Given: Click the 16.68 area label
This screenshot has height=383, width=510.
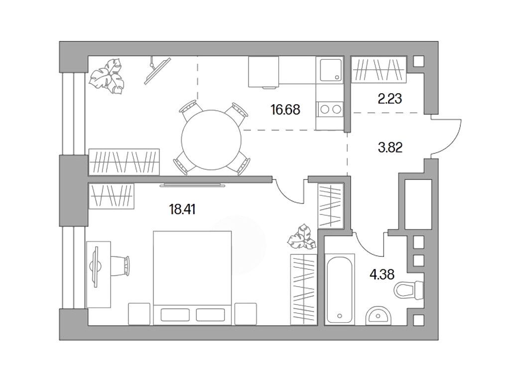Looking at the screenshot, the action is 285,110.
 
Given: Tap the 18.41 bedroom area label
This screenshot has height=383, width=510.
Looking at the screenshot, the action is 182,209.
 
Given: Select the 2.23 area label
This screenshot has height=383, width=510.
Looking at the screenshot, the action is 390,98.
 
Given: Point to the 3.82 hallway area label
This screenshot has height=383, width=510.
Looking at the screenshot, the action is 390,148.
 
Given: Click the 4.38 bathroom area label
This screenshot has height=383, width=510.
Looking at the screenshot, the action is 382,274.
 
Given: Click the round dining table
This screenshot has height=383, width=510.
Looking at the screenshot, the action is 211,140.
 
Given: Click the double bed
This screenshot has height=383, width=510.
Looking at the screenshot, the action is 193,278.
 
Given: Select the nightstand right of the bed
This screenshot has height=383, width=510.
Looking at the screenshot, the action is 246,314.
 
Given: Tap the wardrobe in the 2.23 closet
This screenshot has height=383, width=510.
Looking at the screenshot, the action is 379,70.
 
